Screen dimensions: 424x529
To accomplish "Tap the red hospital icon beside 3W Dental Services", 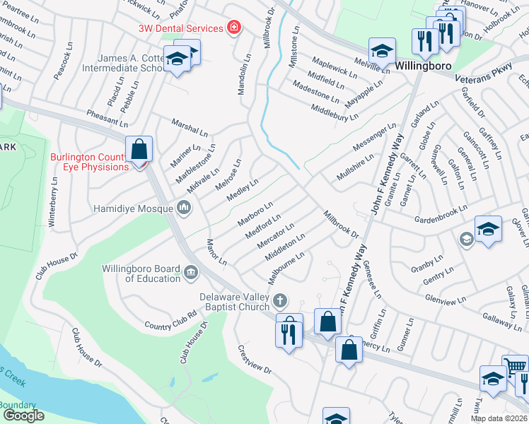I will (233, 28).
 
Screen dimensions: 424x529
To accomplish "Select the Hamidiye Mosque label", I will (134, 208).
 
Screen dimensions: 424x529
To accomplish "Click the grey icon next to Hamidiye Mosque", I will (184, 207).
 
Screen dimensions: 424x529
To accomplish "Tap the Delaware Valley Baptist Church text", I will (235, 302).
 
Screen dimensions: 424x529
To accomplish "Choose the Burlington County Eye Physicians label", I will (89, 162).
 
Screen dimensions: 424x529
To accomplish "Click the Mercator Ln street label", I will (276, 236).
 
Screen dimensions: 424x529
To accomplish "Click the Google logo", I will (23, 415).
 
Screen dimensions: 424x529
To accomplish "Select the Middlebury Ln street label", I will (336, 113).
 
